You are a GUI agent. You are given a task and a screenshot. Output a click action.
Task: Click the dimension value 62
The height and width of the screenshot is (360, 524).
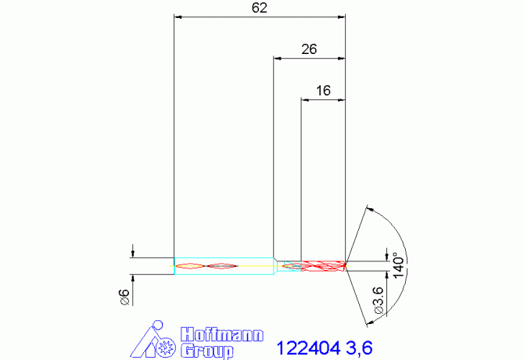[260, 8]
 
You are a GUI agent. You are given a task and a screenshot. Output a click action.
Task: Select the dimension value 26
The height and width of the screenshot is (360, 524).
[308, 49]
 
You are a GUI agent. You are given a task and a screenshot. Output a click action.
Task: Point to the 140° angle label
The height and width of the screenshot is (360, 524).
[398, 265]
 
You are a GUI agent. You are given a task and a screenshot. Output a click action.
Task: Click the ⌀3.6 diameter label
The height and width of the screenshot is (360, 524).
[379, 301]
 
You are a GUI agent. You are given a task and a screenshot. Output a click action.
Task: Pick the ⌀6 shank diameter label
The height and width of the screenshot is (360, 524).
[123, 295]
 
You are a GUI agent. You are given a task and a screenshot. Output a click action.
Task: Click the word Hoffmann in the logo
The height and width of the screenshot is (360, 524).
[222, 334]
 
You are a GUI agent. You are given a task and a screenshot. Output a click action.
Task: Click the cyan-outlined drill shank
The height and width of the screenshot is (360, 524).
[223, 266]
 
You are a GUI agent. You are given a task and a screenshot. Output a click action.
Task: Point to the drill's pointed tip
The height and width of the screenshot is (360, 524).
[346, 265]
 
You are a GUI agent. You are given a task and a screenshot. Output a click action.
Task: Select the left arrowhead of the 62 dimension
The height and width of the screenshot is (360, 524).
[178, 16]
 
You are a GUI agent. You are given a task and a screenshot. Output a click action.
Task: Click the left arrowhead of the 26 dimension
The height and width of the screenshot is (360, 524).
[278, 57]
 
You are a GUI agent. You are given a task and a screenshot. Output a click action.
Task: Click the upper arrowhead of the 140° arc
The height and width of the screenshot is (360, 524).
[369, 210]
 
